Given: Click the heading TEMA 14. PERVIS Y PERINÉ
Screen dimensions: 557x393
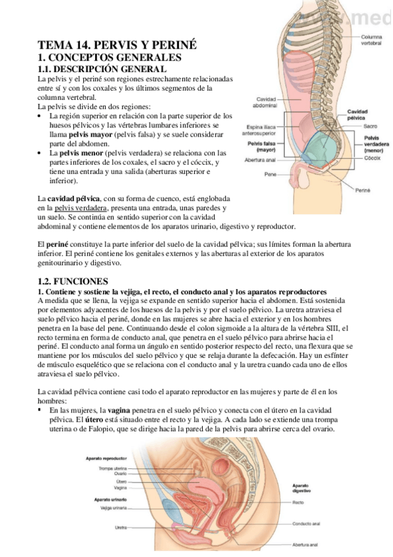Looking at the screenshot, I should [x=117, y=45].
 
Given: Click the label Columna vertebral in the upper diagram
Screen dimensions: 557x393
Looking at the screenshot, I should [x=373, y=40].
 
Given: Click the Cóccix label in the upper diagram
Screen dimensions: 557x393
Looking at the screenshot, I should [x=372, y=158].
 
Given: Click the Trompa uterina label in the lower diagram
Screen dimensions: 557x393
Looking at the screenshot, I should [x=113, y=468].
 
